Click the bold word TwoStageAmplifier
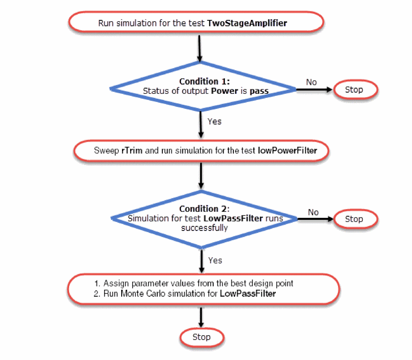click(247, 23)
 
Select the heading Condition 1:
click(205, 82)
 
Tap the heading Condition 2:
click(204, 209)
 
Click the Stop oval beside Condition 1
click(354, 90)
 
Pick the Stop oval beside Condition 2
click(354, 219)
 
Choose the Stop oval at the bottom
click(201, 337)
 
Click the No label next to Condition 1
click(311, 82)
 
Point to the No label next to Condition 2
click(313, 212)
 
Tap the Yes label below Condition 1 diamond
click(214, 121)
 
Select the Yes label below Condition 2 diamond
click(215, 260)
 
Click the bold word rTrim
click(131, 151)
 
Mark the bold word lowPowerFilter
click(287, 151)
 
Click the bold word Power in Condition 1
click(225, 91)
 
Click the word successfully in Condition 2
click(204, 228)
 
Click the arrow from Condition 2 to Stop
click(316, 219)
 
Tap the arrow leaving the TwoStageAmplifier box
click(199, 48)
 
